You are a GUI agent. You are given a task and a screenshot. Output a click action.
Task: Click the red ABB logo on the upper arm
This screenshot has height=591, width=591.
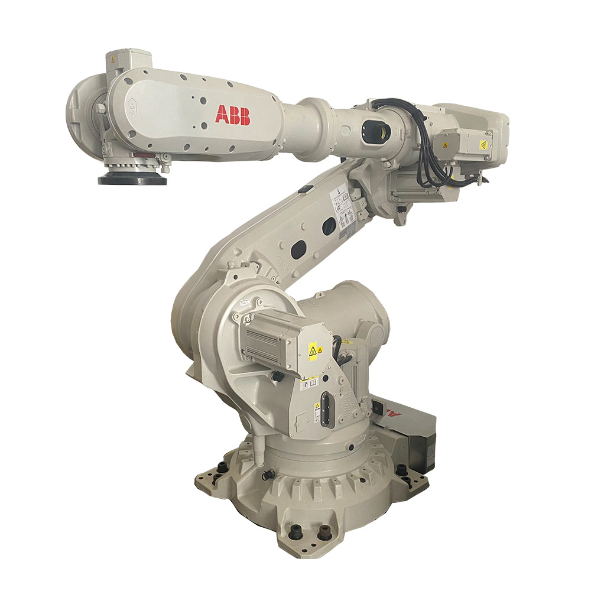click(232, 115)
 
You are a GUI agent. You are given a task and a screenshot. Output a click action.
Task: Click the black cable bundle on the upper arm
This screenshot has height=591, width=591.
click(428, 151)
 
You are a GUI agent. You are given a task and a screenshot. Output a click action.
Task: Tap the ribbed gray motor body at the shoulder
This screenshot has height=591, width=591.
click(266, 339)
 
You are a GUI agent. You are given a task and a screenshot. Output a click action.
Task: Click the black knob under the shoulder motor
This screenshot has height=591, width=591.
click(274, 376)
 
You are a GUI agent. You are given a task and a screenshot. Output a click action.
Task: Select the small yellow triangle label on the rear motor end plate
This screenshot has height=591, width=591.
click(483, 144)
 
